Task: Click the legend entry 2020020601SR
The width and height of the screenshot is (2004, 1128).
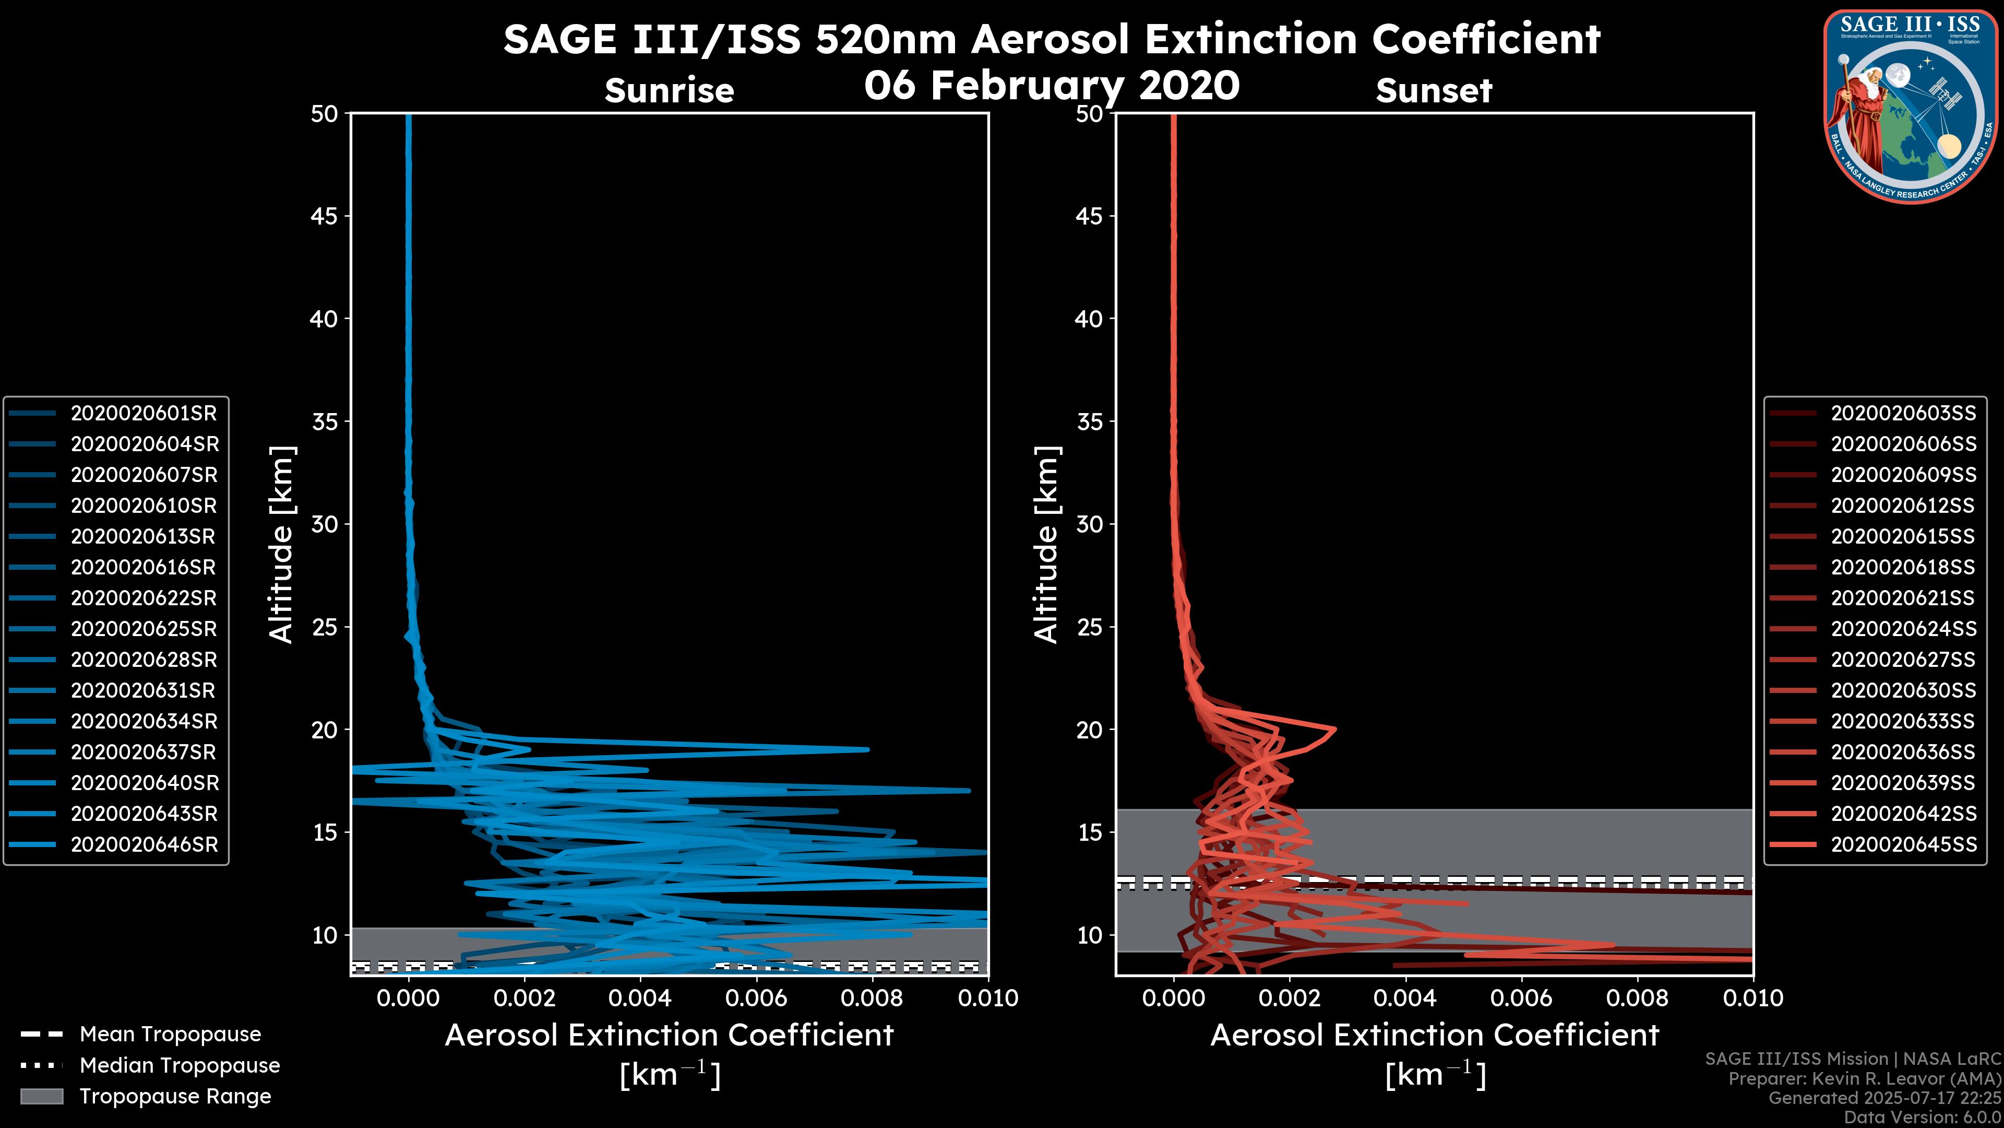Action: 143,413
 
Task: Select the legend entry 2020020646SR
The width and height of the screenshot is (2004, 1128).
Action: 144,844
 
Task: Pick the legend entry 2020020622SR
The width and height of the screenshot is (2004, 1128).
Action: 143,598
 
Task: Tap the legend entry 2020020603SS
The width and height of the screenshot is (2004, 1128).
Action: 1903,413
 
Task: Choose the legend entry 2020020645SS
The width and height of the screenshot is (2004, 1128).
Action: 1903,844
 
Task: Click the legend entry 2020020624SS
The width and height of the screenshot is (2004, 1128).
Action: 1903,629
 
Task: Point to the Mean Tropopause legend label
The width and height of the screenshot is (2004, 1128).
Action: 170,1034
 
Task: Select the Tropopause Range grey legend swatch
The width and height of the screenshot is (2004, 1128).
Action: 41,1096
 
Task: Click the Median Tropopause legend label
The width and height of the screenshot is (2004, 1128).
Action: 180,1065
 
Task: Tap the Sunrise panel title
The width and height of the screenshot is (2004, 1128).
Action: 669,90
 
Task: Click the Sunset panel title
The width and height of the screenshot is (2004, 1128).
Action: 1434,90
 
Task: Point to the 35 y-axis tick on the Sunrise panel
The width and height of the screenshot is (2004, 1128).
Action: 325,421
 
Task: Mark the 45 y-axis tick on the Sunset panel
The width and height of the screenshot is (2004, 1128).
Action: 1089,216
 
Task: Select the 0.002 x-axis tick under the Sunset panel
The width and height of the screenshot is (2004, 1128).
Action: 1290,998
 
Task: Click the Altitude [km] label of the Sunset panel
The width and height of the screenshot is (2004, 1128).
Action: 1046,545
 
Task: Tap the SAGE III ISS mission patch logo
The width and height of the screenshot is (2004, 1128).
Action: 1911,106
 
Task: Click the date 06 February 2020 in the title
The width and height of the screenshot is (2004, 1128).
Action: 1052,85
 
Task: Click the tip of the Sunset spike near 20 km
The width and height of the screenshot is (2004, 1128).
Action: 1335,730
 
